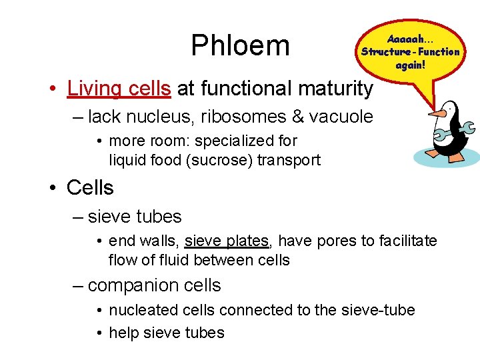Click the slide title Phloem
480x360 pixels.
pyautogui.click(x=240, y=45)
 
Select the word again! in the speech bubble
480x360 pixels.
pyautogui.click(x=410, y=65)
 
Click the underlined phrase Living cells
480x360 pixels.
pyautogui.click(x=119, y=88)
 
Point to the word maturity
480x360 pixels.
pyautogui.click(x=335, y=88)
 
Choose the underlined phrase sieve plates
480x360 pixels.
pyautogui.click(x=227, y=240)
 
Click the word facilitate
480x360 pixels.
pyautogui.click(x=409, y=240)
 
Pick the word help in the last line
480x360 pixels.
pyautogui.click(x=125, y=333)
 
